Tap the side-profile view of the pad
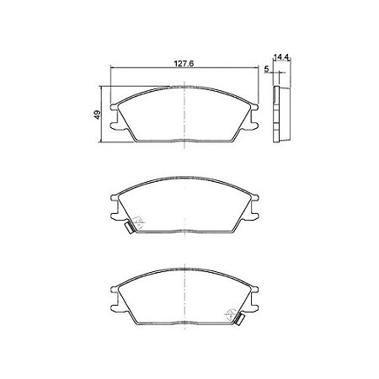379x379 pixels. click(x=281, y=113)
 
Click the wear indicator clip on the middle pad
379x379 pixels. click(x=127, y=227)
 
